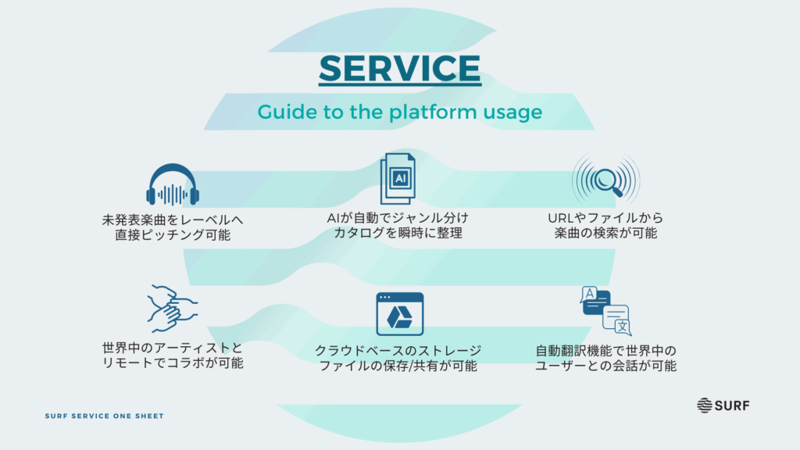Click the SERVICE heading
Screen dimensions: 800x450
pyautogui.click(x=399, y=69)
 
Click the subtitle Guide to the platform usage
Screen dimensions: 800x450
pyautogui.click(x=399, y=112)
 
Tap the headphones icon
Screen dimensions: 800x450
pyautogui.click(x=173, y=184)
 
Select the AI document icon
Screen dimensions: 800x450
pyautogui.click(x=398, y=179)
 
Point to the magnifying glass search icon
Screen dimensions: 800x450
pyautogui.click(x=605, y=180)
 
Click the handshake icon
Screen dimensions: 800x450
pyautogui.click(x=173, y=309)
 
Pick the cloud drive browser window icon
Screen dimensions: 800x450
pyautogui.click(x=399, y=314)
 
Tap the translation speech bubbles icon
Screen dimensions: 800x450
pyautogui.click(x=606, y=311)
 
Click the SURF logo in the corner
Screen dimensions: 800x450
pyautogui.click(x=723, y=405)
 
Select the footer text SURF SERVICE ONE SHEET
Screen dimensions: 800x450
pyautogui.click(x=105, y=416)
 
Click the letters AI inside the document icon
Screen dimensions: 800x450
pyautogui.click(x=400, y=179)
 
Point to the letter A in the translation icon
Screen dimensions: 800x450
pyautogui.click(x=590, y=294)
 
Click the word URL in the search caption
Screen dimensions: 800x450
pyautogui.click(x=561, y=219)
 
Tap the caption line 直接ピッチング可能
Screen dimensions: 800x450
pyautogui.click(x=173, y=234)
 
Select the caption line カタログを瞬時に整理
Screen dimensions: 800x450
pyautogui.click(x=398, y=233)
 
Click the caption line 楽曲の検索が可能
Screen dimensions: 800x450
pyautogui.click(x=605, y=233)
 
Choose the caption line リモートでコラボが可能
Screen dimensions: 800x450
pyautogui.click(x=173, y=362)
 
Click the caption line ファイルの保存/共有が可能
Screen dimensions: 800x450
pyautogui.click(x=398, y=366)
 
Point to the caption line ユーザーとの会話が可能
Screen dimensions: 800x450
pyautogui.click(x=605, y=366)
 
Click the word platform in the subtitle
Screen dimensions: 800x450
pyautogui.click(x=431, y=112)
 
